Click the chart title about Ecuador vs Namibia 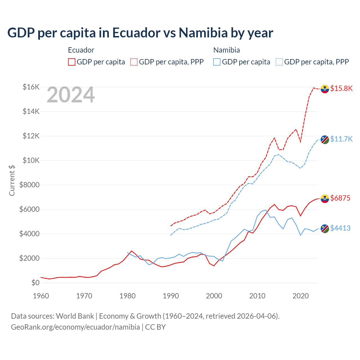(140, 33)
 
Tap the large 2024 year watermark (71, 95)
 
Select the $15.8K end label (341, 88)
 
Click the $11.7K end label (341, 139)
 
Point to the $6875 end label (340, 198)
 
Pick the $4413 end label (340, 228)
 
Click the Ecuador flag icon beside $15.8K (325, 89)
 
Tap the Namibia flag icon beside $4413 (325, 229)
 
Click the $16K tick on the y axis (31, 87)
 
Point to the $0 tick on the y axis (35, 283)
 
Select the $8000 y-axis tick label (29, 185)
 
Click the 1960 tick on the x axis (41, 296)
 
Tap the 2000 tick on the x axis (214, 296)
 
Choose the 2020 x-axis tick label (301, 296)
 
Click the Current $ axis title (12, 180)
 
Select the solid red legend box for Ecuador (72, 62)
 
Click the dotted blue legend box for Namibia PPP (279, 62)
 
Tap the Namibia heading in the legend (226, 50)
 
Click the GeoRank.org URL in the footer (75, 327)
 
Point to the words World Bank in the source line (75, 316)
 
